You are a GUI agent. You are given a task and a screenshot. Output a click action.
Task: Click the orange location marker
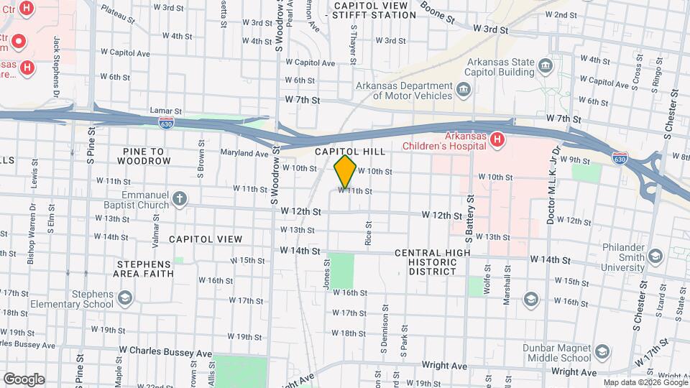click(346, 171)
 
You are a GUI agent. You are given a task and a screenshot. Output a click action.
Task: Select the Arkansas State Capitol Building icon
click(546, 67)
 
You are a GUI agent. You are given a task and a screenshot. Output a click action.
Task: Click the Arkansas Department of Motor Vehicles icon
click(464, 91)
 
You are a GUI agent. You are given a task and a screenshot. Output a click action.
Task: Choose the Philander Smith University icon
click(655, 257)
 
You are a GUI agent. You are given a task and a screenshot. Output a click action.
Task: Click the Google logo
click(23, 379)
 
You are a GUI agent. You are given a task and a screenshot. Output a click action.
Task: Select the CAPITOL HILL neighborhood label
click(350, 152)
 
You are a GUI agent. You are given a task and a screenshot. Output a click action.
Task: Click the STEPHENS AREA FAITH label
click(144, 269)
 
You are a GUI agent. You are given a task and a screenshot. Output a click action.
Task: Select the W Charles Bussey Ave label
click(166, 353)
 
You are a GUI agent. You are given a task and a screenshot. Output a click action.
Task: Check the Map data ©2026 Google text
click(644, 382)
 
